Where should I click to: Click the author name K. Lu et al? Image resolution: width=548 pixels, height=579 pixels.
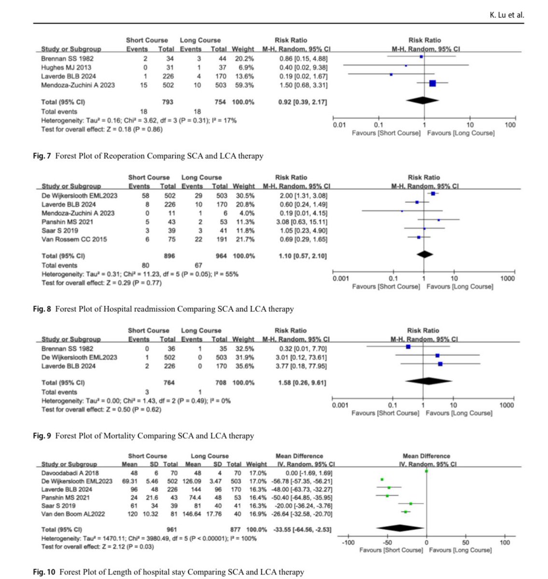506,14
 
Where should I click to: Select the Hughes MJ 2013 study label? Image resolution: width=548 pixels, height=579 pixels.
66,68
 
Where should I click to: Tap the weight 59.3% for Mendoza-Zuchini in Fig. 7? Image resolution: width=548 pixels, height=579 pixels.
245,85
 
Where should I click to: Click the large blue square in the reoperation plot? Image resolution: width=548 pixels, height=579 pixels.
433,83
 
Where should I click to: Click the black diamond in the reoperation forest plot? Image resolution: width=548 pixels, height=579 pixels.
422,100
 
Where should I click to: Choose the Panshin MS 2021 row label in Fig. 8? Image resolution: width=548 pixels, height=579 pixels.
67,222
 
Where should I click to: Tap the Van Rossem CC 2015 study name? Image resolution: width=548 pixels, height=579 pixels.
74,239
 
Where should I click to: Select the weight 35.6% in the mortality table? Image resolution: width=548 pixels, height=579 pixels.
245,366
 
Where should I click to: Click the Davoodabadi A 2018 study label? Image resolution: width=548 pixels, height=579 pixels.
70,473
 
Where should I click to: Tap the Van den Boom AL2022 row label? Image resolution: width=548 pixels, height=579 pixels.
75,514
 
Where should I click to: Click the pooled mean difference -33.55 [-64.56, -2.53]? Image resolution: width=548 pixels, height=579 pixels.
302,529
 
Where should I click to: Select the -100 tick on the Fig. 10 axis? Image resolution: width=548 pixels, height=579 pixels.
348,542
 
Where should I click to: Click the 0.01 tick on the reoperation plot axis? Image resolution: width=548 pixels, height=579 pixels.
339,125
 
